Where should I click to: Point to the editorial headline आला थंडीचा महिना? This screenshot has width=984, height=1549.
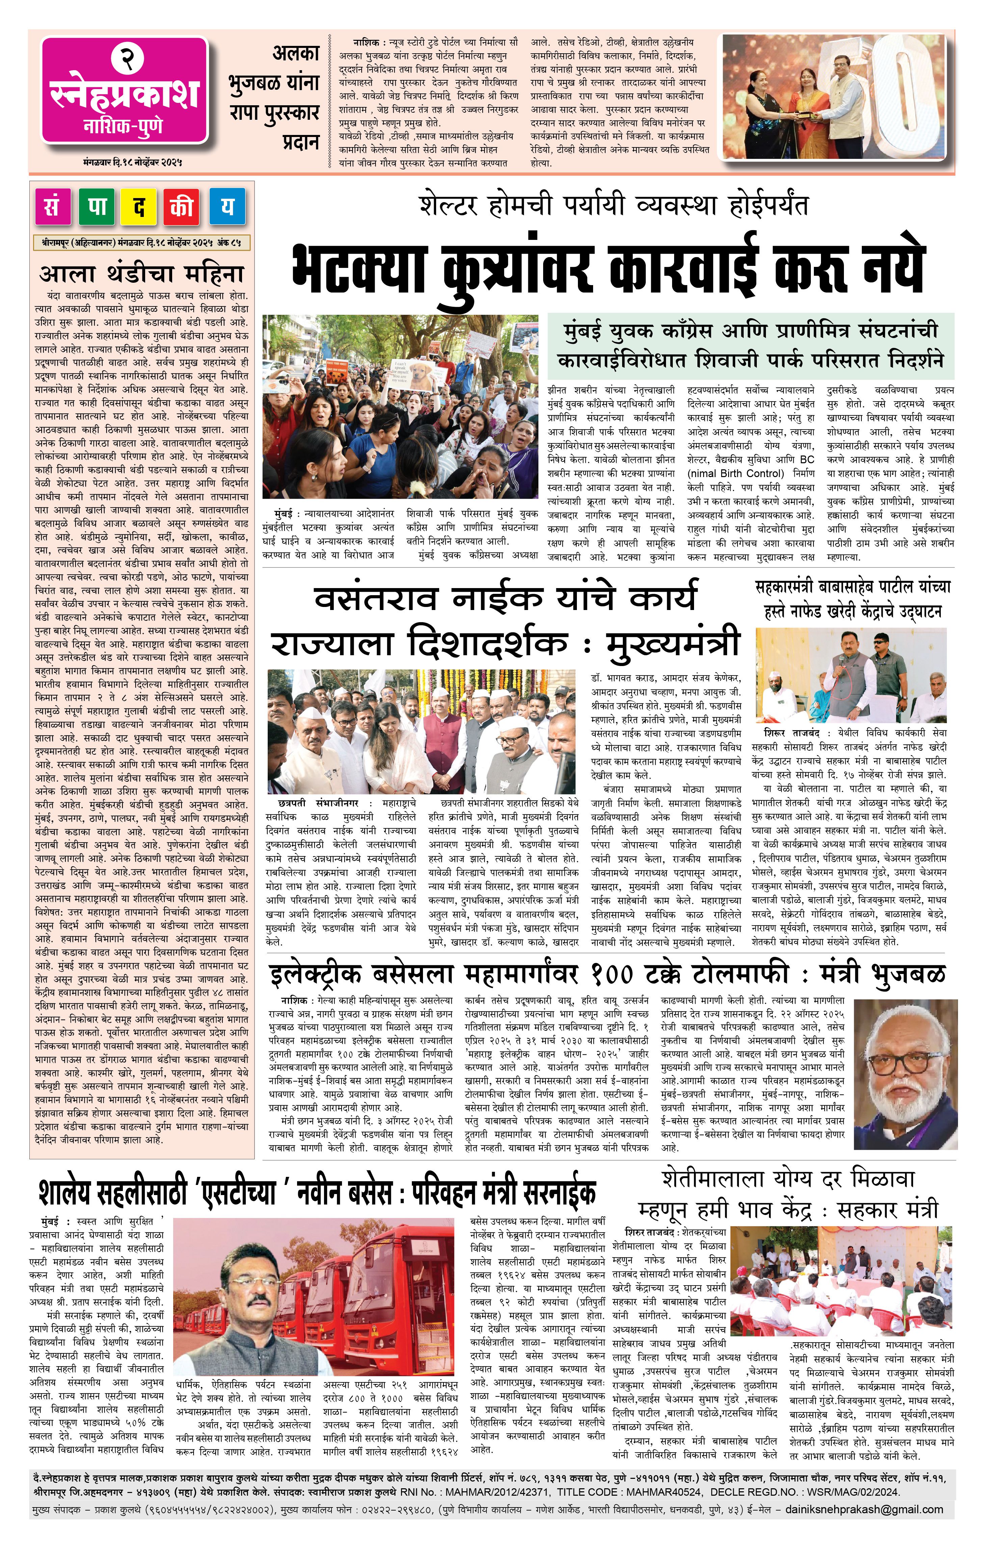point(141,273)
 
